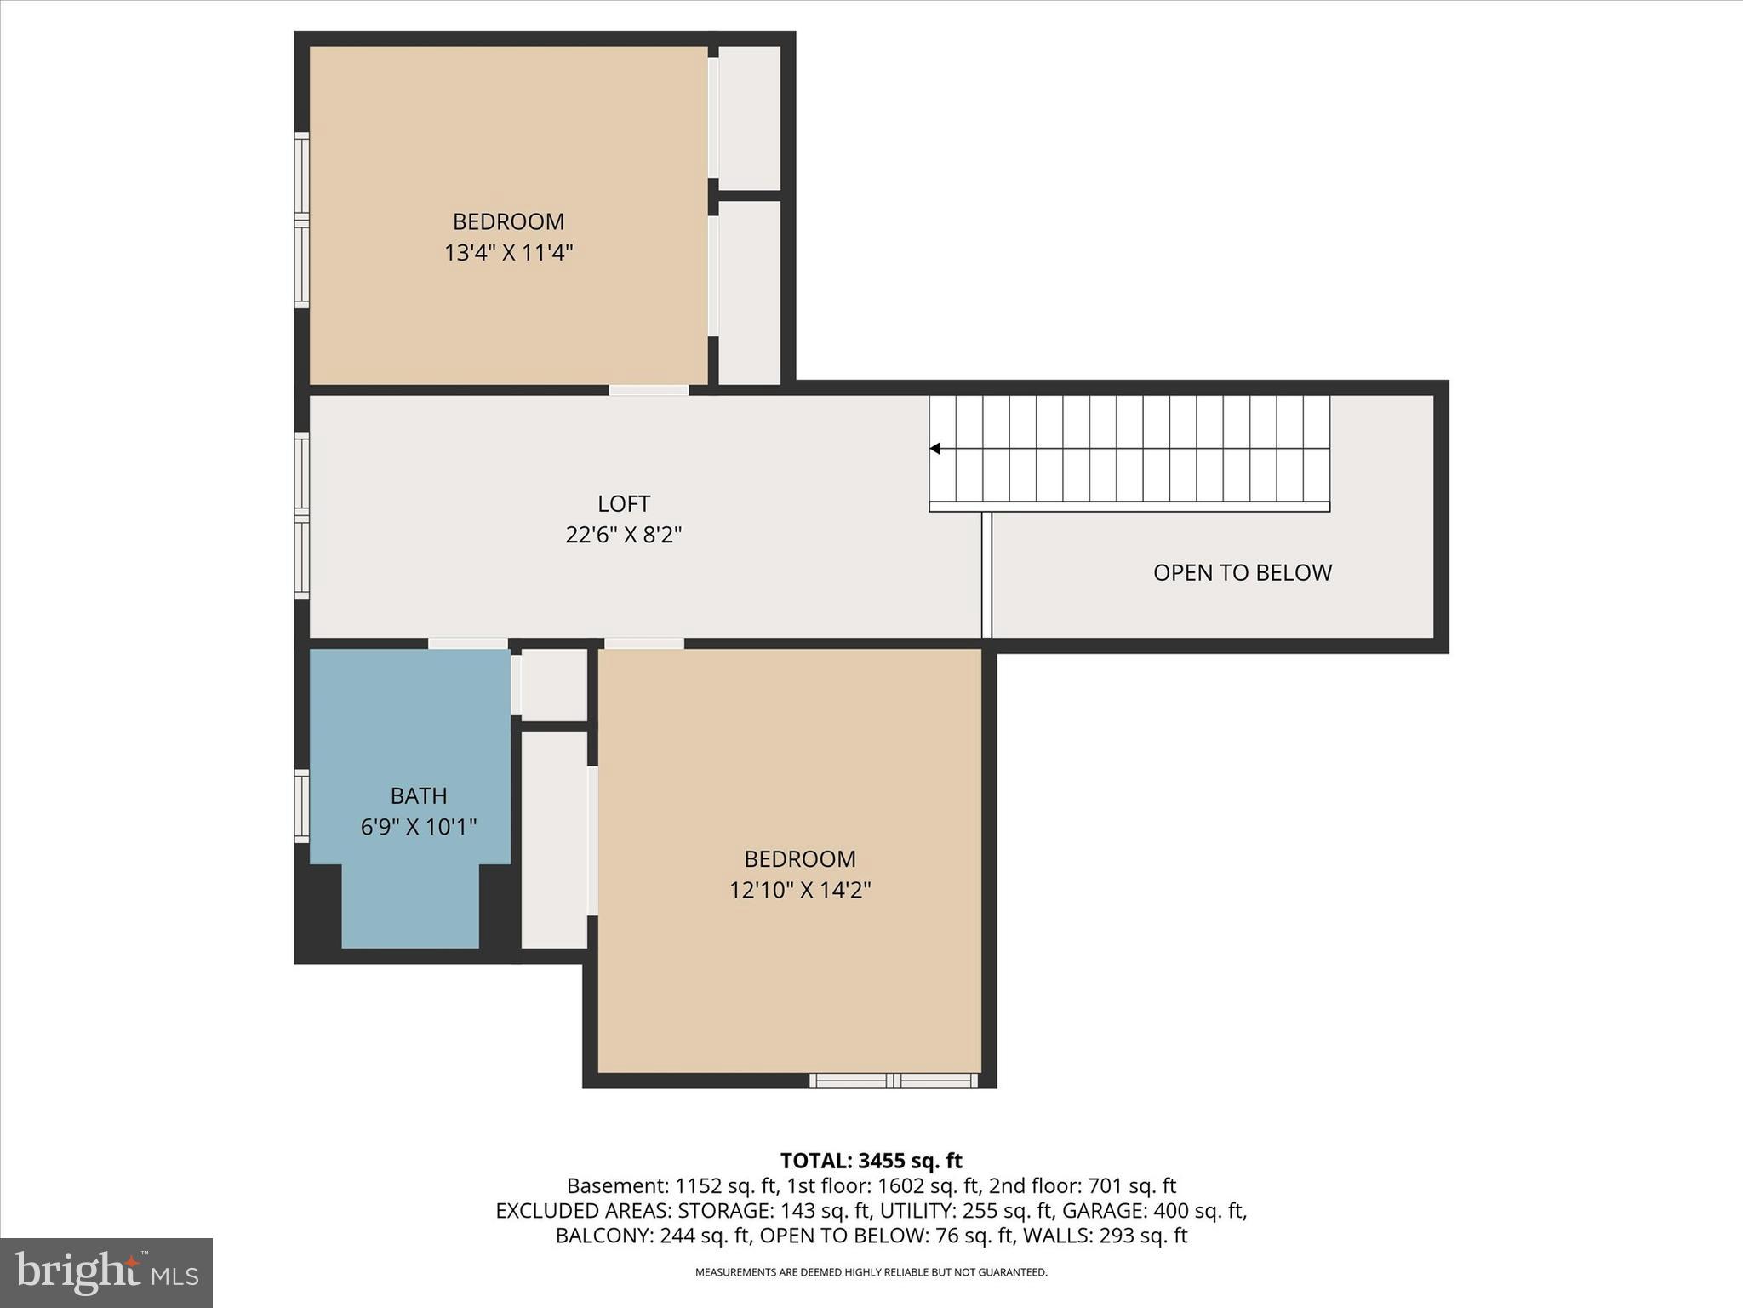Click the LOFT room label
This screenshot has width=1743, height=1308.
(x=624, y=503)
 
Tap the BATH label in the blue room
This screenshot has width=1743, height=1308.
(x=419, y=795)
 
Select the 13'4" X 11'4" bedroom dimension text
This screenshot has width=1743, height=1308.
(x=508, y=253)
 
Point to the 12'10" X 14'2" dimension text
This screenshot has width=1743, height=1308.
(x=799, y=890)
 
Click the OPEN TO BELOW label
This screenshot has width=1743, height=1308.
(x=1242, y=572)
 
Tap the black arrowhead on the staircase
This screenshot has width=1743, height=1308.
(x=934, y=449)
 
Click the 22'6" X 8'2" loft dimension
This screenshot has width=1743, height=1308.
(x=624, y=535)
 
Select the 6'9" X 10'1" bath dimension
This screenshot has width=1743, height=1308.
(x=419, y=827)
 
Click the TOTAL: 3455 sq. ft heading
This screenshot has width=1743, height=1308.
(x=871, y=1161)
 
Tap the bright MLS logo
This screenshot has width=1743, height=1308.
(x=106, y=1272)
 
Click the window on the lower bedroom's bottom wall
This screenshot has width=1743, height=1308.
(x=893, y=1081)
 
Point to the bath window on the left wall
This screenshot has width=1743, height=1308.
(x=302, y=806)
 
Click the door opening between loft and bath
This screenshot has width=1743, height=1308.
(x=467, y=643)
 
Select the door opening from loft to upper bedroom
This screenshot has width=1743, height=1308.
(x=649, y=390)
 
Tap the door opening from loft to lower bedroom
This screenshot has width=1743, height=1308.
(x=644, y=643)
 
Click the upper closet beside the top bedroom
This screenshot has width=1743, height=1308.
(x=750, y=118)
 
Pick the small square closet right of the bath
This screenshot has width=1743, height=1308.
(x=554, y=685)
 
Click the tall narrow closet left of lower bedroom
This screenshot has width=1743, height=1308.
(x=554, y=840)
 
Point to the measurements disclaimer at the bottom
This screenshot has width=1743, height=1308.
(x=871, y=1272)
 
